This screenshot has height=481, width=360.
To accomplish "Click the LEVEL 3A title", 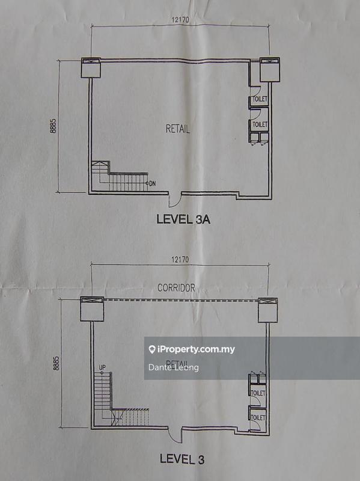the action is click(x=183, y=219).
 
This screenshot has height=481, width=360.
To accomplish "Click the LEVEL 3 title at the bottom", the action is click(x=182, y=459).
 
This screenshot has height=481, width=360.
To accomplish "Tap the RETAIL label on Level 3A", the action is click(x=178, y=129).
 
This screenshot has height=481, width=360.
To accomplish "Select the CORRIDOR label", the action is click(x=176, y=288).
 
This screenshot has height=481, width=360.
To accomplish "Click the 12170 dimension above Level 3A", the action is click(x=180, y=20).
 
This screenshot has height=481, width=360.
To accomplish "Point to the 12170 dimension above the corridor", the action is click(x=180, y=260).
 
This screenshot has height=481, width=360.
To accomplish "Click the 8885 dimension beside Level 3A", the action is click(x=53, y=126).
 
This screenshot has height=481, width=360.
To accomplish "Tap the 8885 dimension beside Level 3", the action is click(x=56, y=363).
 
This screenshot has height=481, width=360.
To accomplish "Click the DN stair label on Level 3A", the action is click(x=153, y=183).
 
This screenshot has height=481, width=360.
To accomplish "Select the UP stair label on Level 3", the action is click(x=102, y=367).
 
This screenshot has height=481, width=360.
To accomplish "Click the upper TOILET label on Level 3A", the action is click(x=260, y=99).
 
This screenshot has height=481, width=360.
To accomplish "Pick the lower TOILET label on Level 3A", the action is click(x=260, y=124).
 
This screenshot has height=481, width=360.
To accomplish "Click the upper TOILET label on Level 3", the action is click(x=258, y=393).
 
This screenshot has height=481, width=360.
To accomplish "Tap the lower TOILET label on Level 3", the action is click(x=258, y=417).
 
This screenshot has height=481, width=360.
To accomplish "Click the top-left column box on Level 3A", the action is click(x=91, y=67).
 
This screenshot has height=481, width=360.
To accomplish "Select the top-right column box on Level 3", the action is click(x=267, y=310).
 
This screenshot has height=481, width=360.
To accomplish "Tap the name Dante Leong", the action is click(x=174, y=367).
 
